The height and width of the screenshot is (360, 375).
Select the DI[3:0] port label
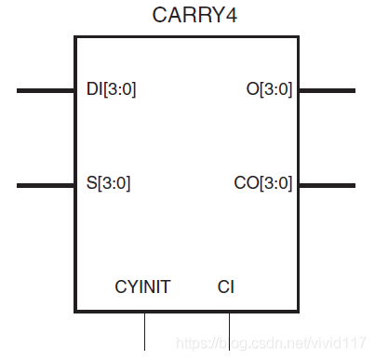[x=110, y=90]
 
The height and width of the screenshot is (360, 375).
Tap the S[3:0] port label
[x=107, y=183]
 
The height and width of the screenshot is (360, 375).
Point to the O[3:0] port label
[x=269, y=90]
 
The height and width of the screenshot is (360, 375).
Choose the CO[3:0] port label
[x=263, y=183]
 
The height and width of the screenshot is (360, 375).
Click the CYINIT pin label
[x=142, y=287]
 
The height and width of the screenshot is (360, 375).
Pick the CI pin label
[x=226, y=287]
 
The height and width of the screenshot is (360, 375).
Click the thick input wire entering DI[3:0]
[x=46, y=90]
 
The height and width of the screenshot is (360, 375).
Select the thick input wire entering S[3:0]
[x=46, y=184]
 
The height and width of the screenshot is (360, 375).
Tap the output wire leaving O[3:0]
[x=327, y=90]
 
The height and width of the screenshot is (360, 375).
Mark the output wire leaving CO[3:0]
[x=327, y=184]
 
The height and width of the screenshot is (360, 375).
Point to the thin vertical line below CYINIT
[x=144, y=331]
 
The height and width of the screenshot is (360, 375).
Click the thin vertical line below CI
[x=229, y=331]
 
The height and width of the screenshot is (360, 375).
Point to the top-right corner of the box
[x=298, y=37]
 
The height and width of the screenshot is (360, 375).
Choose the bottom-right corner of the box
[x=298, y=312]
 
